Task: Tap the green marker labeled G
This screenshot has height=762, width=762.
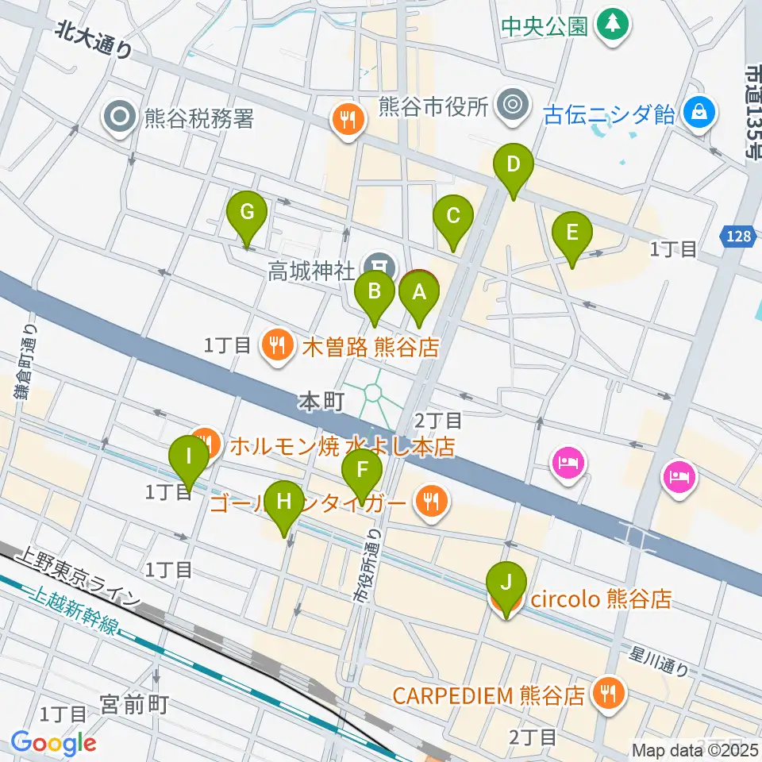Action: [247, 214]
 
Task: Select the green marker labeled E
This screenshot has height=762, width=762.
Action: [572, 233]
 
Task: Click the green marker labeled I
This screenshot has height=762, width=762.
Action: [189, 456]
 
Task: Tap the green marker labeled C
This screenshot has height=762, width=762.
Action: [453, 217]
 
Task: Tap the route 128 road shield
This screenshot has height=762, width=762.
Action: [737, 237]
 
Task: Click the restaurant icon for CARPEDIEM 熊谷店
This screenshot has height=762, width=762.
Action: [610, 695]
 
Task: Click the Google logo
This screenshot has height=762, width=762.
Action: [53, 744]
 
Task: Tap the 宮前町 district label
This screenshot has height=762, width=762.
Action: [134, 703]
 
